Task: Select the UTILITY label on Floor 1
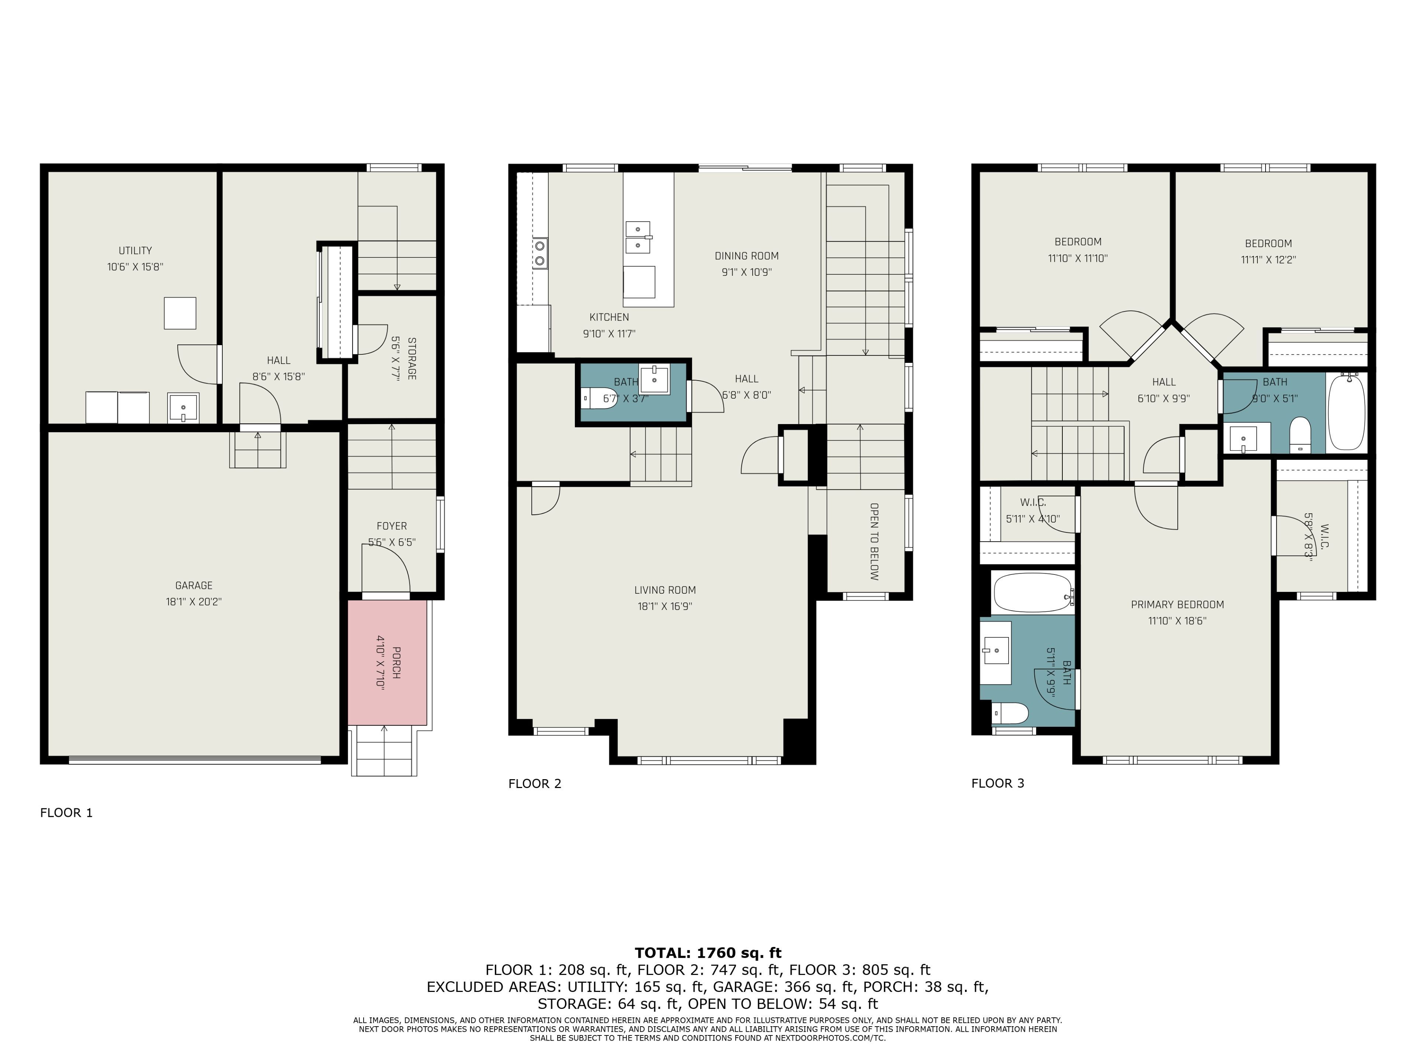pyautogui.click(x=135, y=250)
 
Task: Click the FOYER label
pyautogui.click(x=391, y=525)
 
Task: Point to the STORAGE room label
pyautogui.click(x=412, y=358)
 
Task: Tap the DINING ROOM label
pyautogui.click(x=746, y=256)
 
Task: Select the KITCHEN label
pyautogui.click(x=609, y=317)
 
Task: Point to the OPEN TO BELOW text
pyautogui.click(x=874, y=541)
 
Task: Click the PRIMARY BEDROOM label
pyautogui.click(x=1177, y=604)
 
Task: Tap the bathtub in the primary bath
pyautogui.click(x=1032, y=593)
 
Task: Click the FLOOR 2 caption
pyautogui.click(x=535, y=784)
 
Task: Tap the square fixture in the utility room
pyautogui.click(x=180, y=313)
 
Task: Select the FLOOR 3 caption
pyautogui.click(x=998, y=784)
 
